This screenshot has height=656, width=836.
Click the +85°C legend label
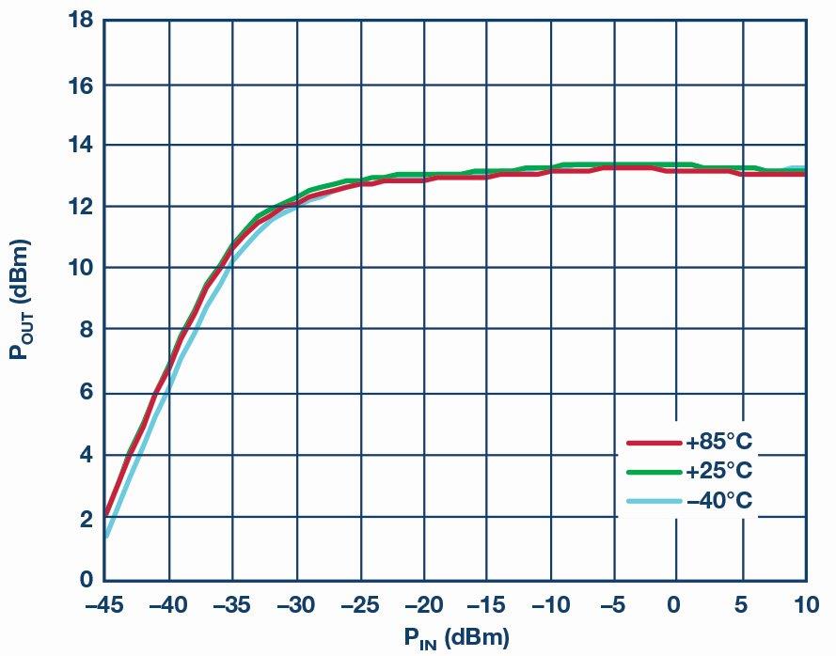(719, 442)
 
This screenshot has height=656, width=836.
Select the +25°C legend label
(719, 470)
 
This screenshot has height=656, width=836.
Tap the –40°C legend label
(719, 500)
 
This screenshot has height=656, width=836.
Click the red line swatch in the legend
(654, 442)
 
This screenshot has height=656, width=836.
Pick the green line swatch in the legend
(654, 470)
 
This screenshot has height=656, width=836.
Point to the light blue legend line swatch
(654, 500)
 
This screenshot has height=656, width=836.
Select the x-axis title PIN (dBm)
(457, 639)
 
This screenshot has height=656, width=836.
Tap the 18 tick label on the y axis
(79, 21)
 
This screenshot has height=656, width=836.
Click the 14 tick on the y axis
(79, 145)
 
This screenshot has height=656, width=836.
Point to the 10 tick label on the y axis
(79, 268)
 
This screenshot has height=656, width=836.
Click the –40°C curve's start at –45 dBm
(106, 537)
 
